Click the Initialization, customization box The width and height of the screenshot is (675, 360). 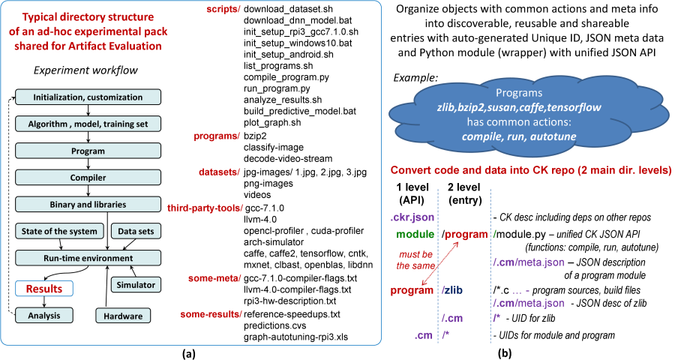pos(88,97)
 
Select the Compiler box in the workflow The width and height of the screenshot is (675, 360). pos(88,178)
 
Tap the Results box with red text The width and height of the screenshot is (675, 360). pos(44,289)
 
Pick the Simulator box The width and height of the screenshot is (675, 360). pos(136,285)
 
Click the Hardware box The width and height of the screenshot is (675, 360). pos(123,316)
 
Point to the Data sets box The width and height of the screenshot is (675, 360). pos(136,231)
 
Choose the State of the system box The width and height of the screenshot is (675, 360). pos(59,231)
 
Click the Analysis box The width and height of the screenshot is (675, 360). pos(44,316)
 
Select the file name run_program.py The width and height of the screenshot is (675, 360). pos(277,88)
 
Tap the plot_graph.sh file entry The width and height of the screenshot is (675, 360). pos(272,122)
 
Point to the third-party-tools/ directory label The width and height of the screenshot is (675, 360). pos(205,208)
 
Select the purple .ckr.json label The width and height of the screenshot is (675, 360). pos(412,217)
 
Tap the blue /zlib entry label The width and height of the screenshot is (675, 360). pos(452,290)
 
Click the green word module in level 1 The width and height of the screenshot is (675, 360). pos(415,234)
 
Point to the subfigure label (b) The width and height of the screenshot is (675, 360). pos(505,354)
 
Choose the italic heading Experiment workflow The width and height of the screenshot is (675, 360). pos(85,70)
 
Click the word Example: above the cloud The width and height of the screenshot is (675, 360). pos(415,78)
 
